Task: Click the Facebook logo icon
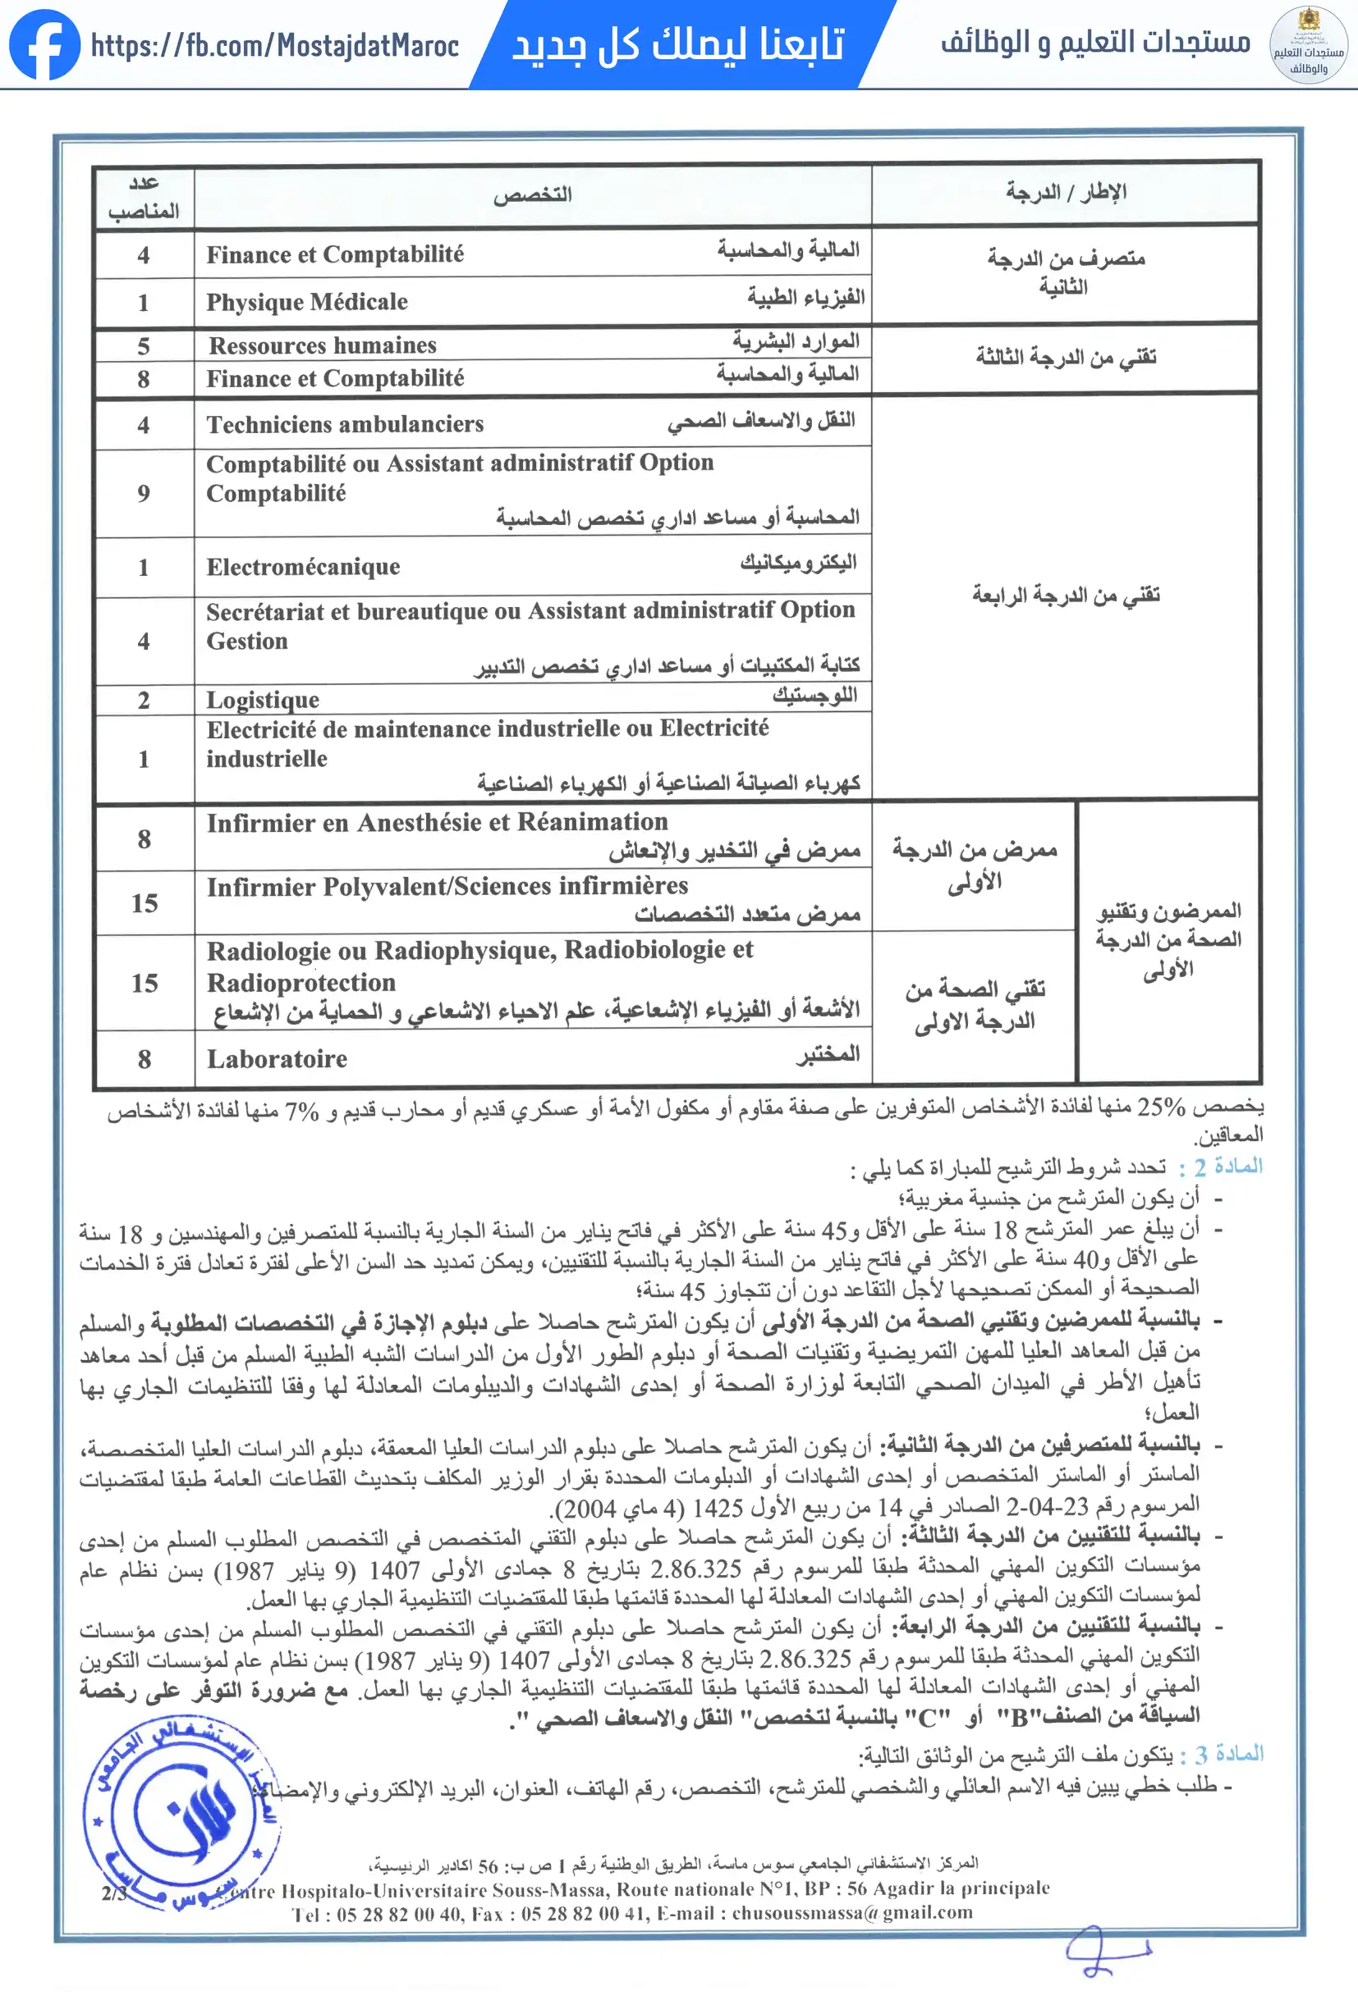[x=44, y=45]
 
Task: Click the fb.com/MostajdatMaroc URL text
[x=274, y=45]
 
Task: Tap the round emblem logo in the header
[x=1307, y=45]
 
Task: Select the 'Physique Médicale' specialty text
[x=306, y=302]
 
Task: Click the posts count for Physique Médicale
[x=144, y=303]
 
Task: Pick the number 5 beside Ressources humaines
[x=144, y=347]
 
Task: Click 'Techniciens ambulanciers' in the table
[x=344, y=424]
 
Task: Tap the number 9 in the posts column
[x=144, y=494]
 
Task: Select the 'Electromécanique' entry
[x=303, y=567]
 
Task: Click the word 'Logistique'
[x=262, y=700]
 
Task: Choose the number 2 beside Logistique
[x=144, y=701]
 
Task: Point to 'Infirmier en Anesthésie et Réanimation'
[x=437, y=822]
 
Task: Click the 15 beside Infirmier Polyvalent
[x=145, y=903]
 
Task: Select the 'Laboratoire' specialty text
[x=277, y=1059]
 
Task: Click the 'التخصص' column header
[x=533, y=194]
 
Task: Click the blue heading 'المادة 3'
[x=1229, y=1754]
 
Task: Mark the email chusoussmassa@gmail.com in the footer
[x=852, y=1913]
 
